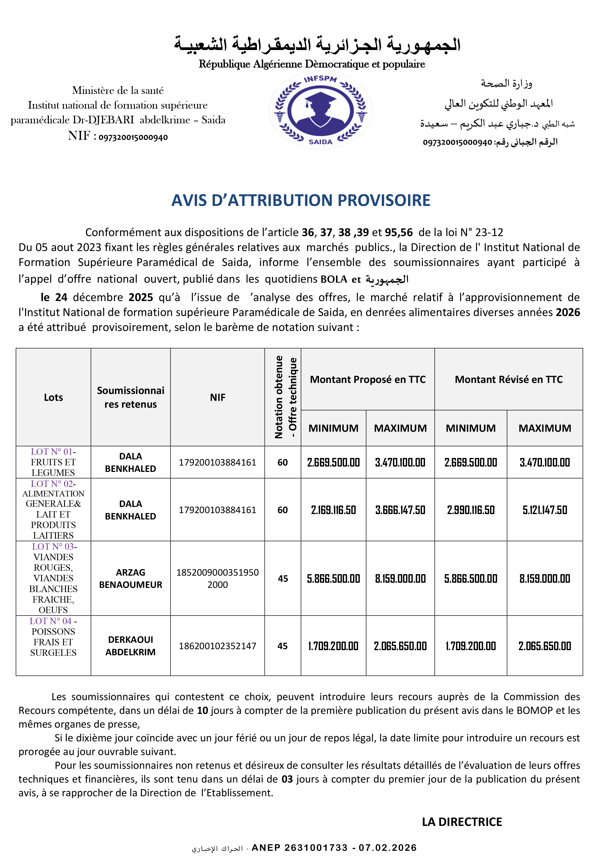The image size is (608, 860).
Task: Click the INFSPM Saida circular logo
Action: pos(320,110)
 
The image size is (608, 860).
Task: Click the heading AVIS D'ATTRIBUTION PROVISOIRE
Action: pos(301,200)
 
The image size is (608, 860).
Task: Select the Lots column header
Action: pos(53,397)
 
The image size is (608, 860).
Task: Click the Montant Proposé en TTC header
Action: pos(367,379)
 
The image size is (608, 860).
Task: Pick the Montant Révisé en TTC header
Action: pos(508,379)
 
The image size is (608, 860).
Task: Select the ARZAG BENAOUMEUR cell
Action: pos(130,578)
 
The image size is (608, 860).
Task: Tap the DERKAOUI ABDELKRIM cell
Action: pos(130,646)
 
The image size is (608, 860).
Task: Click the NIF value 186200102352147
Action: pos(217,646)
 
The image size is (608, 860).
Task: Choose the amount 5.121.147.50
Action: pos(545,510)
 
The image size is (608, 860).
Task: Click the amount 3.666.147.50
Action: pos(400,510)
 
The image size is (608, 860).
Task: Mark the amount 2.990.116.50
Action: pos(470,510)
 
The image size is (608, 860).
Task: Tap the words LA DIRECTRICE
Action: pos(462,822)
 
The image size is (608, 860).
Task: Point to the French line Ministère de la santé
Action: pos(118,90)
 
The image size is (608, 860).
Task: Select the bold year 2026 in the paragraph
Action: pos(568,312)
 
